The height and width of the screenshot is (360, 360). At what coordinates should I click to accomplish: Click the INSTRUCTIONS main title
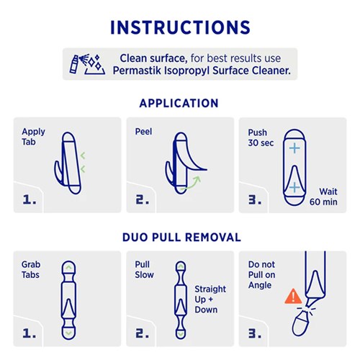pyautogui.click(x=180, y=27)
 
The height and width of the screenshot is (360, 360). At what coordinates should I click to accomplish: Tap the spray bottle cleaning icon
pyautogui.click(x=87, y=64)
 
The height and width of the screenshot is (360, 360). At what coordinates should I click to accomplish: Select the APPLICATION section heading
pyautogui.click(x=179, y=104)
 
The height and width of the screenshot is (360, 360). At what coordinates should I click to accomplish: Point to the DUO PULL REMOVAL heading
pyautogui.click(x=181, y=238)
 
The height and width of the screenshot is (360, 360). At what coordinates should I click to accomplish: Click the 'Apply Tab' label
pyautogui.click(x=33, y=137)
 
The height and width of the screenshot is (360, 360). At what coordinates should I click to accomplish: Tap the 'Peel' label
pyautogui.click(x=143, y=132)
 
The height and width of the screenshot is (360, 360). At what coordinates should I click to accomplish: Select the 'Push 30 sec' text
pyautogui.click(x=261, y=138)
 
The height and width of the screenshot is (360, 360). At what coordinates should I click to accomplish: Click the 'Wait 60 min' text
pyautogui.click(x=323, y=197)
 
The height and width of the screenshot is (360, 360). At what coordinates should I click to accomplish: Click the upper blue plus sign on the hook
pyautogui.click(x=294, y=148)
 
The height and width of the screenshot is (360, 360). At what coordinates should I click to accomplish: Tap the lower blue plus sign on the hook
pyautogui.click(x=294, y=187)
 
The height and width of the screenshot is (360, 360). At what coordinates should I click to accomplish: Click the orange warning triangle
pyautogui.click(x=293, y=297)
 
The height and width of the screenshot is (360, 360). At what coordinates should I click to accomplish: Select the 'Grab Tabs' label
pyautogui.click(x=31, y=270)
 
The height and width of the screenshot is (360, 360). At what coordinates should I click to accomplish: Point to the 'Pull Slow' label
pyautogui.click(x=144, y=270)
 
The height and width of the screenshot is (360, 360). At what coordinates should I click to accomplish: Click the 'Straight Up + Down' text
pyautogui.click(x=210, y=300)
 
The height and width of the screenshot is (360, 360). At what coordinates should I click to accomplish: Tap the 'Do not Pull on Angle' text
pyautogui.click(x=261, y=275)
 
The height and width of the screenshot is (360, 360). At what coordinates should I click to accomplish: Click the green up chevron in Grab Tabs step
pyautogui.click(x=68, y=267)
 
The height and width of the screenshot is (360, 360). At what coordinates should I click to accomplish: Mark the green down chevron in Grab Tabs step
pyautogui.click(x=68, y=333)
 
